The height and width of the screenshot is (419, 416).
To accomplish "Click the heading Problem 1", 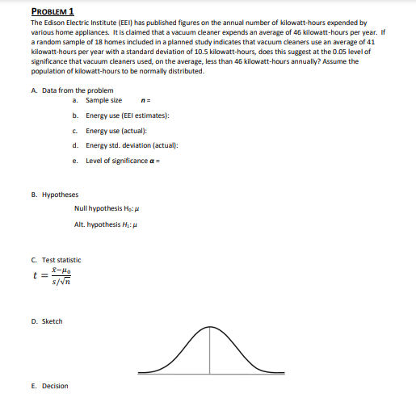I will tap(52, 11).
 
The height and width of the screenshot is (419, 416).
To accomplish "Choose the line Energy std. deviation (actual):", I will tap(131, 146).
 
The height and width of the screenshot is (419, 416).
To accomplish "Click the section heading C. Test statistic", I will tap(57, 259).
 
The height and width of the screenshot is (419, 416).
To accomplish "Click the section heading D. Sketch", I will tap(47, 321).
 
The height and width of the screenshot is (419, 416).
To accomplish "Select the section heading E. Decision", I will tap(49, 386).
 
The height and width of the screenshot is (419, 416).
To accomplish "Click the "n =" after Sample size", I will tap(144, 99).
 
